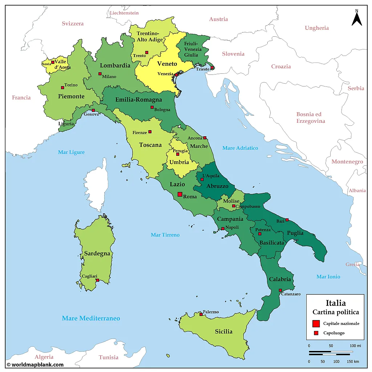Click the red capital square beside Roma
coord(179,194)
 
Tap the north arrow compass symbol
coord(357,18)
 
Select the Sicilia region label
coord(223,331)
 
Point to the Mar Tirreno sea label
coord(165,235)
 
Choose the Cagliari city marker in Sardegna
coord(97,280)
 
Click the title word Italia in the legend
coord(335,303)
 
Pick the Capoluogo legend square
coord(316,333)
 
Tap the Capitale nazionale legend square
coord(316,323)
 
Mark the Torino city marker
coord(62,88)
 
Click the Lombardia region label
coord(115,66)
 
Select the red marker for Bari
coord(287,220)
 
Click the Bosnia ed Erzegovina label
coord(311,118)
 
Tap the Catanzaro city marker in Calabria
coord(280,290)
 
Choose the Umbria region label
coord(179,162)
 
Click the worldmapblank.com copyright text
coord(35,365)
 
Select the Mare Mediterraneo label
coord(91,318)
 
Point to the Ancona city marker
coord(205,138)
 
